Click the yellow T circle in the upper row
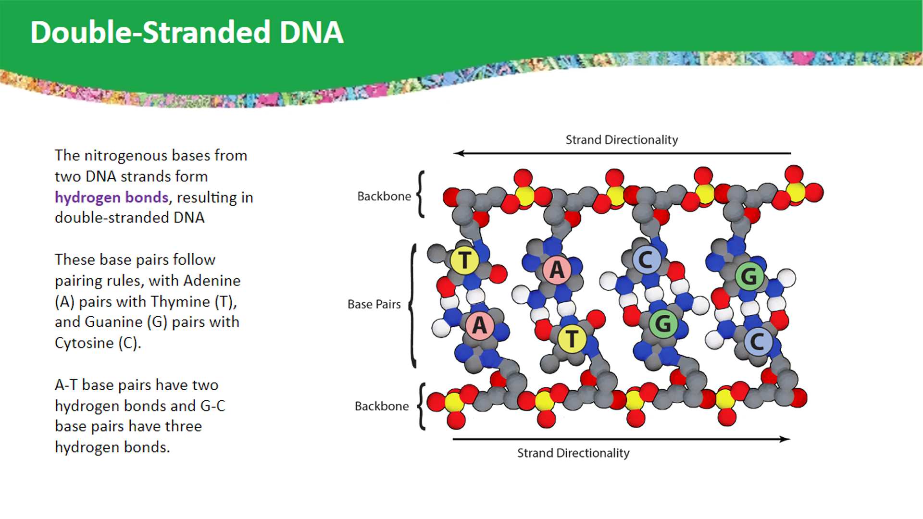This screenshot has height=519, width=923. pyautogui.click(x=464, y=260)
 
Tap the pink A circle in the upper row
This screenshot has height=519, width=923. pyautogui.click(x=557, y=270)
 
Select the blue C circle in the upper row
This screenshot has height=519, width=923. pyautogui.click(x=646, y=260)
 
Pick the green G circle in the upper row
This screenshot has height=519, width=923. pyautogui.click(x=749, y=276)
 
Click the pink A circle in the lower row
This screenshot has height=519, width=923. pyautogui.click(x=479, y=325)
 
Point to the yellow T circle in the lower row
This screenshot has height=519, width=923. pyautogui.click(x=572, y=339)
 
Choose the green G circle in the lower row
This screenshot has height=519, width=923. pyautogui.click(x=663, y=324)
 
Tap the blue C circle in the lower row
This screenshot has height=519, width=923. pyautogui.click(x=758, y=342)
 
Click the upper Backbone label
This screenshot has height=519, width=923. pyautogui.click(x=384, y=196)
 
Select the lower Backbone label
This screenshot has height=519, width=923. pyautogui.click(x=382, y=406)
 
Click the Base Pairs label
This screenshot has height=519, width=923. pyautogui.click(x=374, y=304)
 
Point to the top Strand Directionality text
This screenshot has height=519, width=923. pyautogui.click(x=622, y=140)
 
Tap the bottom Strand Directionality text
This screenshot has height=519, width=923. pyautogui.click(x=573, y=453)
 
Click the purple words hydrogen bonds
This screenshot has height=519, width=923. pyautogui.click(x=112, y=197)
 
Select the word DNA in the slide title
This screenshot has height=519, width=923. pyautogui.click(x=311, y=33)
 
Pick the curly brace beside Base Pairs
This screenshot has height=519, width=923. pyautogui.click(x=412, y=306)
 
